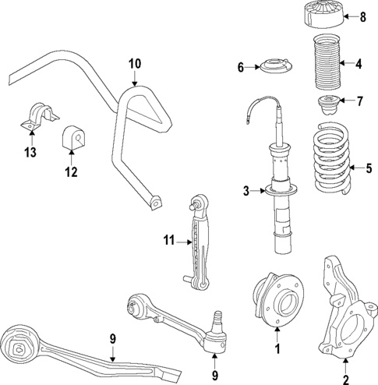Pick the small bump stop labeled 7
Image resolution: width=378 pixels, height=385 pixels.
[327, 103]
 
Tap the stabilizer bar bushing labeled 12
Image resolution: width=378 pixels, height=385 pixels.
[72, 138]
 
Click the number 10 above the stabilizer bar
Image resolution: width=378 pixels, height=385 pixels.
[135, 62]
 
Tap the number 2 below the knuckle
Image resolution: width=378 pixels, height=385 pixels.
[344, 380]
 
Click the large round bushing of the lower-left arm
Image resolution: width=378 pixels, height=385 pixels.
[20, 343]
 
